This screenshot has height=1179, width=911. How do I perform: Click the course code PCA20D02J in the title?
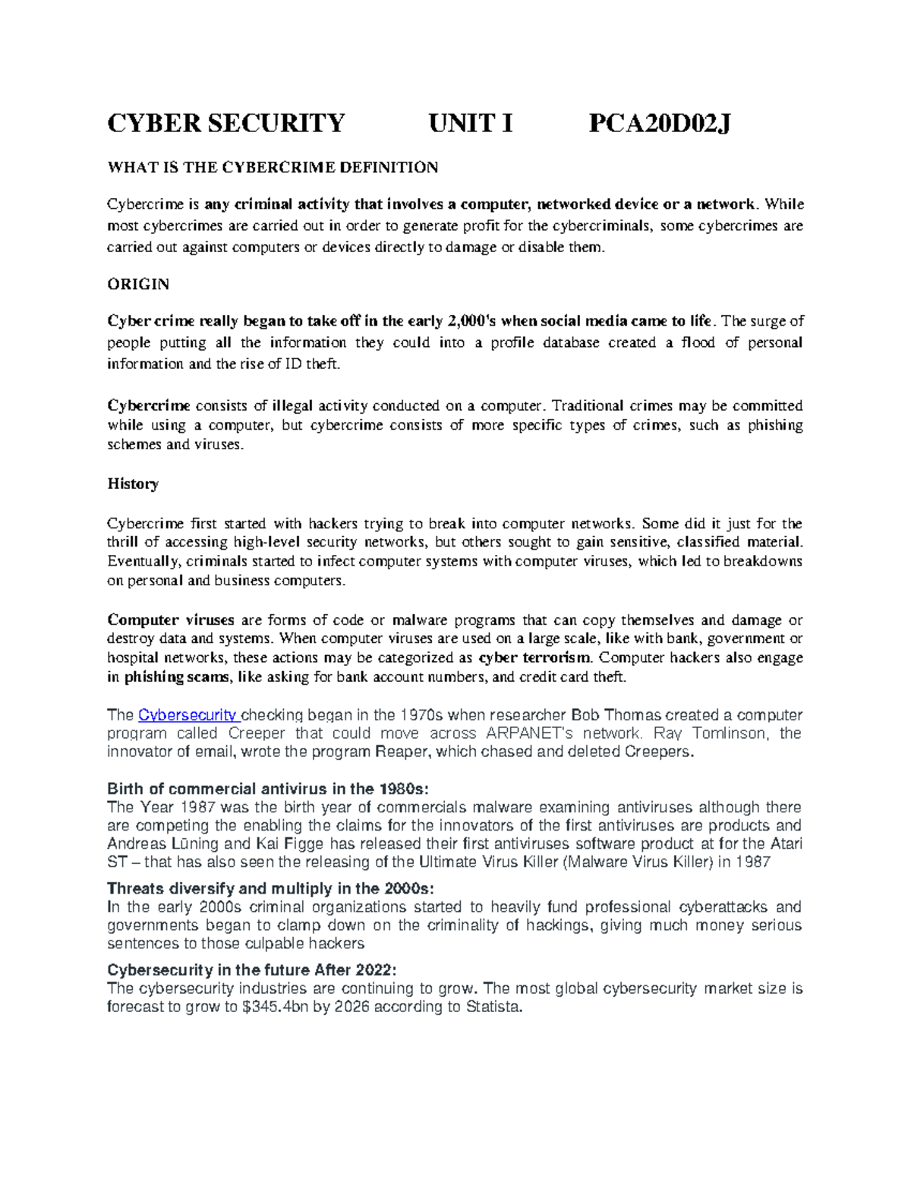(x=660, y=123)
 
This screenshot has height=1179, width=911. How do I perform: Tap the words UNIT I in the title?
(x=471, y=123)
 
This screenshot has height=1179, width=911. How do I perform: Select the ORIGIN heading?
(x=138, y=285)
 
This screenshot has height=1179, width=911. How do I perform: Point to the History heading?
(x=133, y=484)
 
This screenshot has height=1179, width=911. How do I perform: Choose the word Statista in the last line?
(x=493, y=1007)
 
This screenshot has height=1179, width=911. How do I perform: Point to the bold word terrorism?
(x=559, y=658)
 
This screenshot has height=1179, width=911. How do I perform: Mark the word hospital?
(x=134, y=658)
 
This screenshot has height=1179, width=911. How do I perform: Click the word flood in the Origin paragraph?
(x=698, y=343)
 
